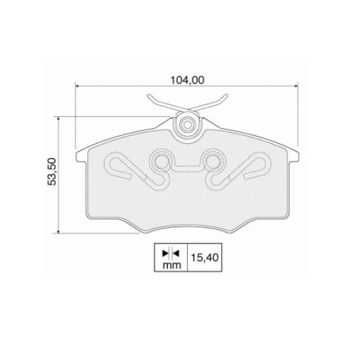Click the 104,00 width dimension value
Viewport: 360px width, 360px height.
[x=187, y=80]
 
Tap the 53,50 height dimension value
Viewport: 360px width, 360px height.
[x=52, y=171]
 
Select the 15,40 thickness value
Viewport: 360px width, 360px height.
[x=205, y=257]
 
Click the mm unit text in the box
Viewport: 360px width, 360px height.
[x=172, y=265]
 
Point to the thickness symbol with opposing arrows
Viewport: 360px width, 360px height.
[x=170, y=253]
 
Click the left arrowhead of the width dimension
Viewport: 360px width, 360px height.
[x=77, y=86]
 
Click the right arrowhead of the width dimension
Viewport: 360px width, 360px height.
[x=296, y=86]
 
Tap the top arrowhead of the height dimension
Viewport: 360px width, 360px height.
[x=58, y=119]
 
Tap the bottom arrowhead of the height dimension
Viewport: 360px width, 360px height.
[x=58, y=231]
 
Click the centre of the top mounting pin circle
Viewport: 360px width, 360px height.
[x=187, y=125]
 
